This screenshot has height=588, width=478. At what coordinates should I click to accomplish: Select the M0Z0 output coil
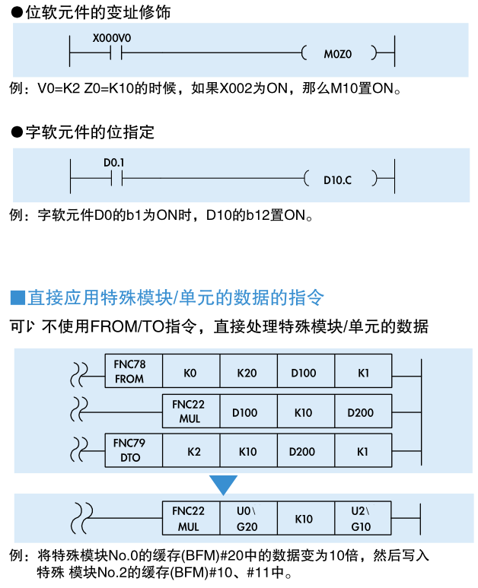click(x=339, y=54)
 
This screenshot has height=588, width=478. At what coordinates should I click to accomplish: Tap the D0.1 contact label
click(x=114, y=163)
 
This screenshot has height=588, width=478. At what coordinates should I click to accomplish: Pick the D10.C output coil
click(x=338, y=180)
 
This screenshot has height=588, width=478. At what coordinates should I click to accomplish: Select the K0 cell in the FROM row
click(x=190, y=373)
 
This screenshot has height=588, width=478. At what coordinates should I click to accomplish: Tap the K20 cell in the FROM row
click(x=247, y=373)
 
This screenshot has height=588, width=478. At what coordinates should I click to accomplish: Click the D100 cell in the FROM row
click(x=303, y=373)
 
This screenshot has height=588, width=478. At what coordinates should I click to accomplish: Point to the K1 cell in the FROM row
click(x=363, y=373)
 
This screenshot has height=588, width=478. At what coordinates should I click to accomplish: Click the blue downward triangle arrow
click(x=224, y=484)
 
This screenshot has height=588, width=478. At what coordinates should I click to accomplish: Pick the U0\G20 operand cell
click(x=247, y=518)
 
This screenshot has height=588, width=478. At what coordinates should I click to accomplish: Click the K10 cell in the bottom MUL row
click(x=304, y=519)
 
